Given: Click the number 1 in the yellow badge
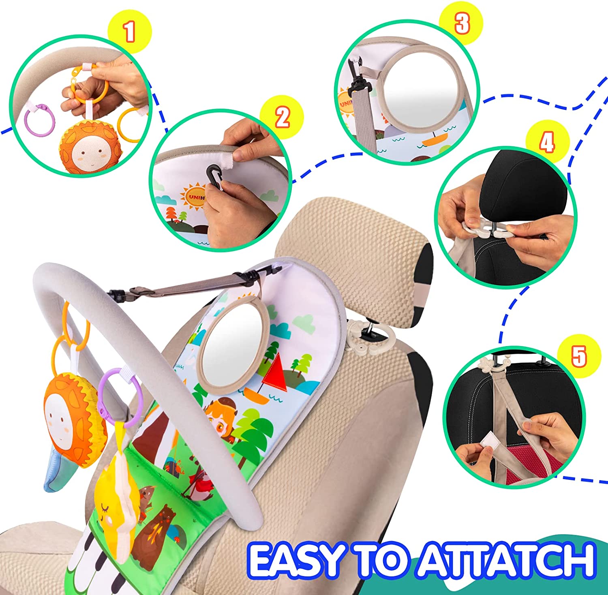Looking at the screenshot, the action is [x=129, y=32].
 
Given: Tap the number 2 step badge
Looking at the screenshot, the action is [x=282, y=117].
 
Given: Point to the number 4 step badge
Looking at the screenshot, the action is [x=548, y=142].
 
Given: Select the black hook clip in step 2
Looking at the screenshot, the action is [x=215, y=177].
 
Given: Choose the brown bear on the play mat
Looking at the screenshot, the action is [x=158, y=531].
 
